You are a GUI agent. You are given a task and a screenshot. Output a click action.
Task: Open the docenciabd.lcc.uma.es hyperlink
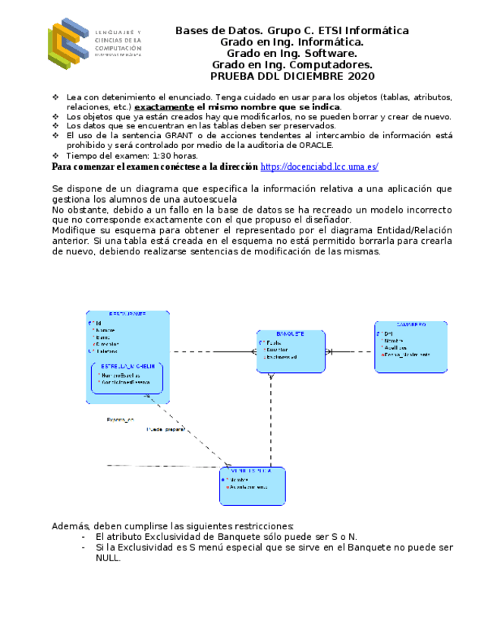[x=319, y=166]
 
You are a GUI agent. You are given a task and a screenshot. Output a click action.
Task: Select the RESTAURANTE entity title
[x=127, y=314]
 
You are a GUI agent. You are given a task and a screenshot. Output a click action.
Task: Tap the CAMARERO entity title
[x=410, y=324]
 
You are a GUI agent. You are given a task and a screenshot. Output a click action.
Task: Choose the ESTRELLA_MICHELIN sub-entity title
[x=127, y=365]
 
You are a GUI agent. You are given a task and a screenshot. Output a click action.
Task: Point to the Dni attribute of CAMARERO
[x=388, y=334]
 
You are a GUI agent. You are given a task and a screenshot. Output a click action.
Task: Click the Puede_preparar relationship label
[x=165, y=429]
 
